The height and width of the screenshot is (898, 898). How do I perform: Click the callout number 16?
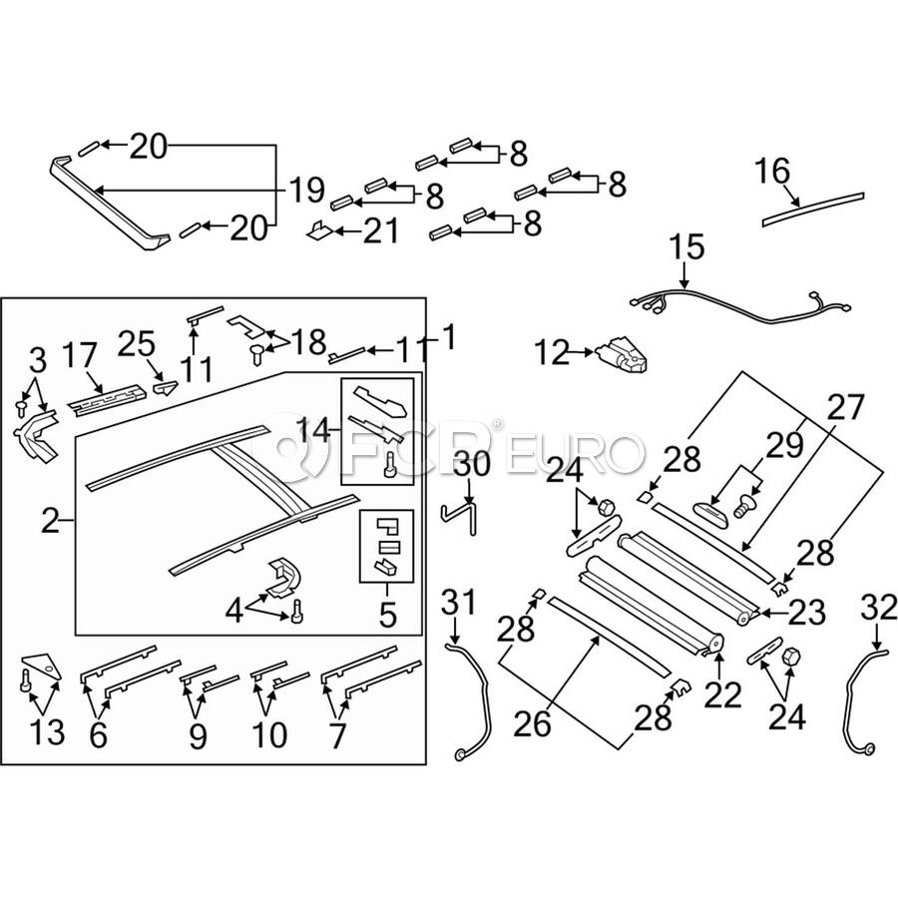772,172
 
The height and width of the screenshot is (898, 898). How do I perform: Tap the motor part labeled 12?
623,355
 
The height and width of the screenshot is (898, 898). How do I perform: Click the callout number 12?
552,353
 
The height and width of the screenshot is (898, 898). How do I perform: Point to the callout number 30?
473,463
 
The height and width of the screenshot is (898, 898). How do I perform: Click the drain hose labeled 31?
471,699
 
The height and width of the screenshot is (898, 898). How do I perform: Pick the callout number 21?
380,230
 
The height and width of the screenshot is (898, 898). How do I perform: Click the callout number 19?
307,191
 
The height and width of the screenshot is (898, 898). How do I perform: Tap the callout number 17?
79,355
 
